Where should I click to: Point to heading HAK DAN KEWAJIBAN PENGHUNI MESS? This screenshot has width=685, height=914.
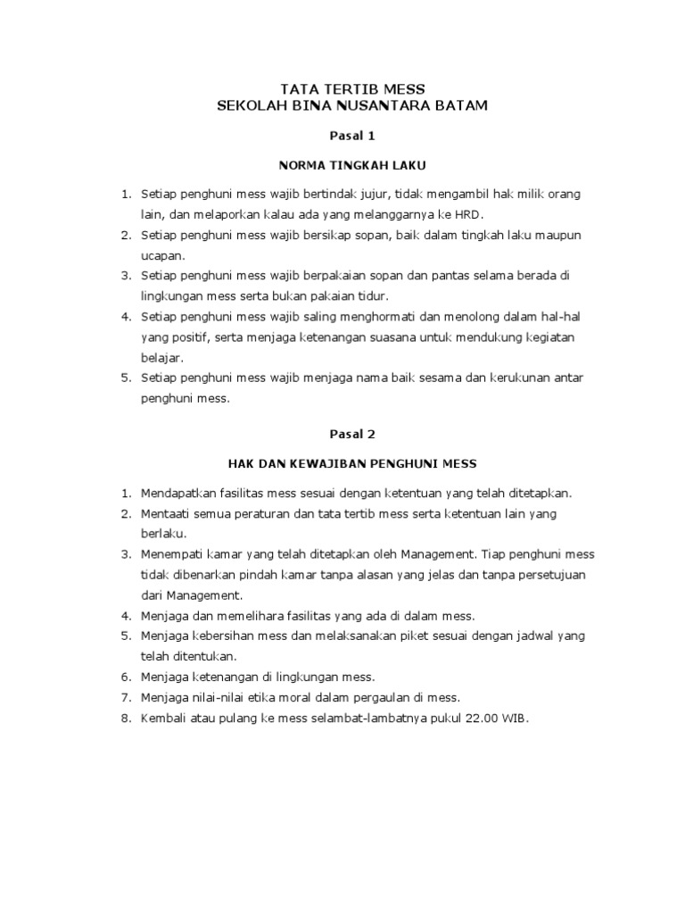[x=353, y=463]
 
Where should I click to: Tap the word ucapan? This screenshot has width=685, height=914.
[x=162, y=255]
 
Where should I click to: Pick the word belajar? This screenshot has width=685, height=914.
[x=162, y=358]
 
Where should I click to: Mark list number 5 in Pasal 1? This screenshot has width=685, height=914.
[x=126, y=378]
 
